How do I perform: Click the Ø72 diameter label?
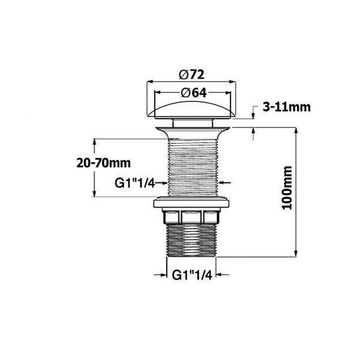tap(192, 74)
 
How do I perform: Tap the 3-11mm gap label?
tap(287, 108)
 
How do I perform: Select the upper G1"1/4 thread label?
tap(134, 182)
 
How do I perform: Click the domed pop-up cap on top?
tap(192, 110)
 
